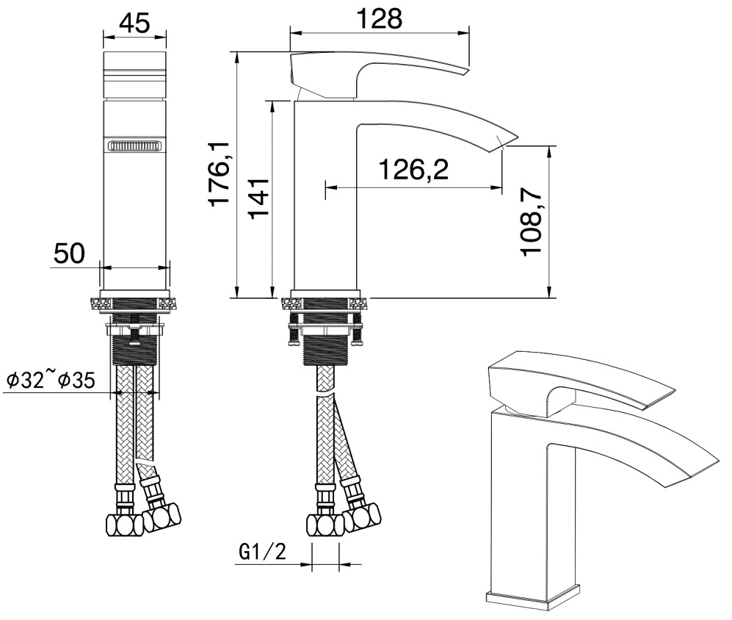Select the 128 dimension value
pyautogui.click(x=379, y=19)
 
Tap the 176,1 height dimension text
pyautogui.click(x=219, y=174)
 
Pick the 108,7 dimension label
pyautogui.click(x=532, y=219)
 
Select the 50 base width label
pyautogui.click(x=70, y=253)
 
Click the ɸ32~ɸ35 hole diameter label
pyautogui.click(x=51, y=380)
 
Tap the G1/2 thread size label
pyautogui.click(x=262, y=553)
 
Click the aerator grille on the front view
pyautogui.click(x=134, y=145)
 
